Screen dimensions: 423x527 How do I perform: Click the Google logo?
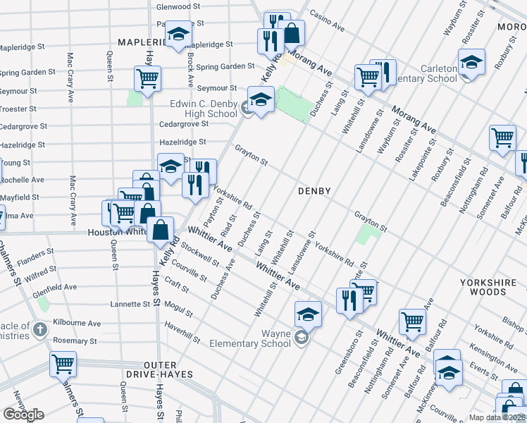coord(23,415)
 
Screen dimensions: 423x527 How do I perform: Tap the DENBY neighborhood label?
coord(314,190)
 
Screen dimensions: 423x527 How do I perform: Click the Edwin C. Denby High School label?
coord(204,109)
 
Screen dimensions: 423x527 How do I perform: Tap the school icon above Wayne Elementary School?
coord(308,314)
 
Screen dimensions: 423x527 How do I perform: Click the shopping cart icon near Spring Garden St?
coord(147,78)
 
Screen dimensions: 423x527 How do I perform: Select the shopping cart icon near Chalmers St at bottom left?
coord(63,364)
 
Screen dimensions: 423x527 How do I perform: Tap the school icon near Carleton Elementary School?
coord(471,61)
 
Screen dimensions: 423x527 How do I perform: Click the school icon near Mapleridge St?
coord(178,35)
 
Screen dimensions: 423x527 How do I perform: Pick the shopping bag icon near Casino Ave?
coord(291,31)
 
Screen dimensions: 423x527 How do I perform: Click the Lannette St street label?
coord(129,305)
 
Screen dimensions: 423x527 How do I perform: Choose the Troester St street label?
coord(23,109)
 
